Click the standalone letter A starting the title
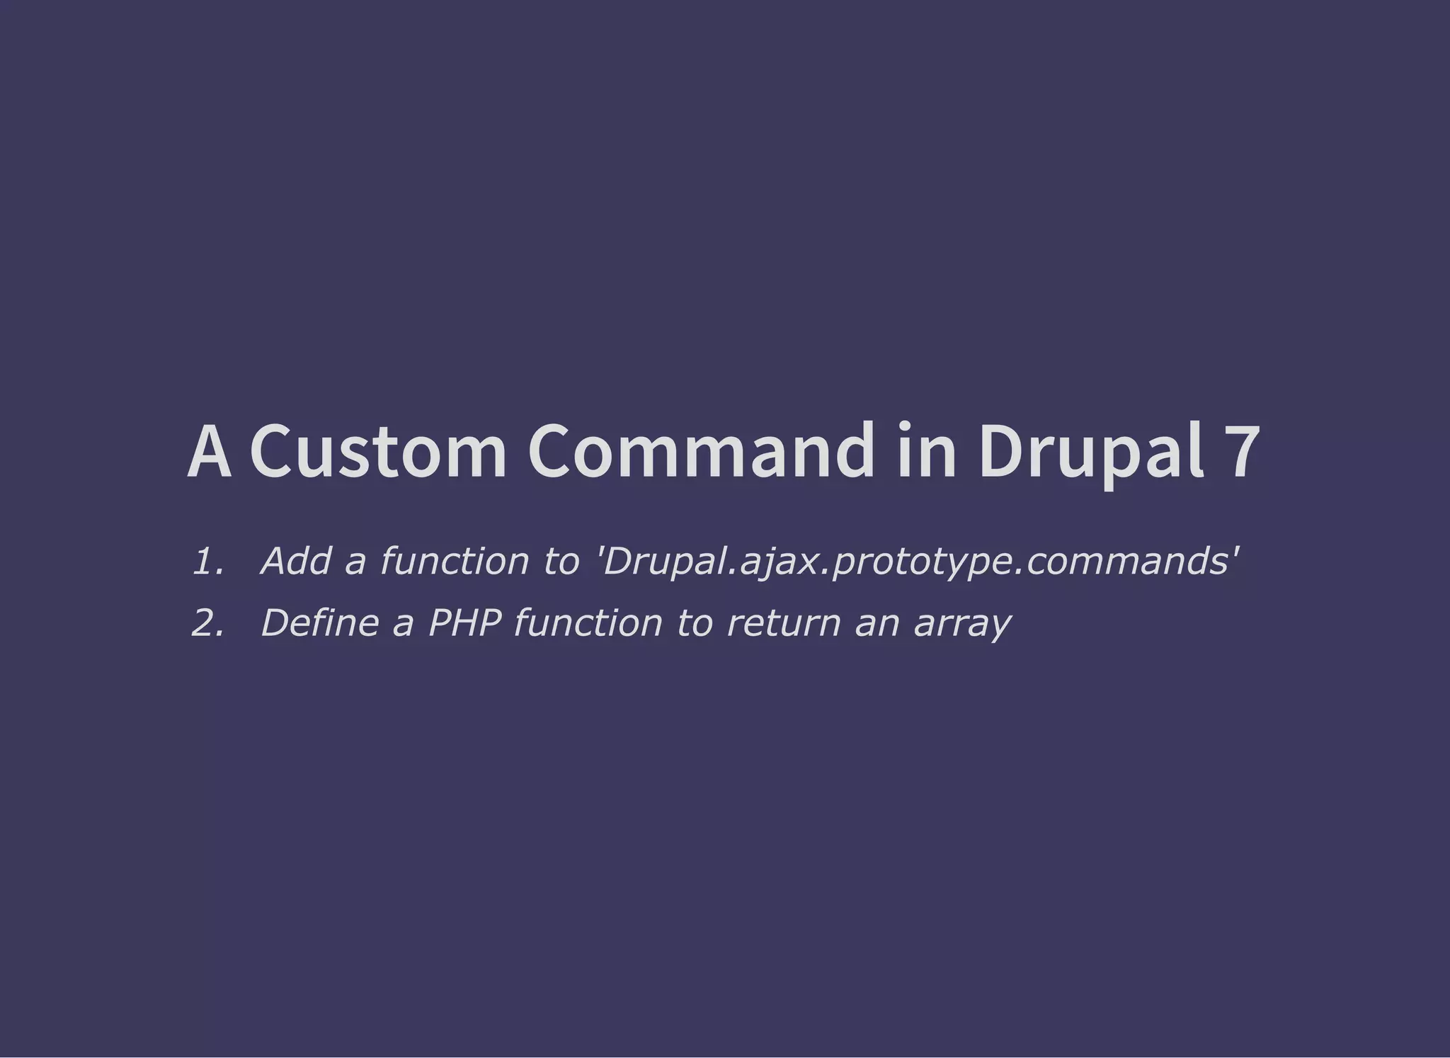[210, 451]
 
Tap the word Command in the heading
[701, 451]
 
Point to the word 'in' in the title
[927, 451]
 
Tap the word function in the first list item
[454, 561]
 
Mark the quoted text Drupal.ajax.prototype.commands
[919, 562]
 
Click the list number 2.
[208, 623]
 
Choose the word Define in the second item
[319, 623]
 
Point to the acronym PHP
[464, 623]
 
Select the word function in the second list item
[588, 623]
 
